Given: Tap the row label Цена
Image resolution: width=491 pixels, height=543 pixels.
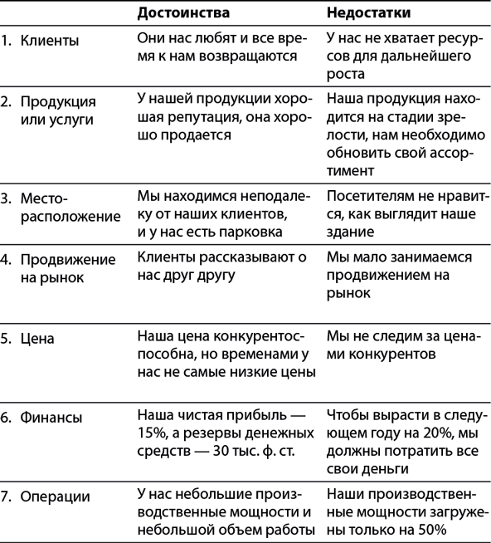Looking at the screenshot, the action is pyautogui.click(x=41, y=339).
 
